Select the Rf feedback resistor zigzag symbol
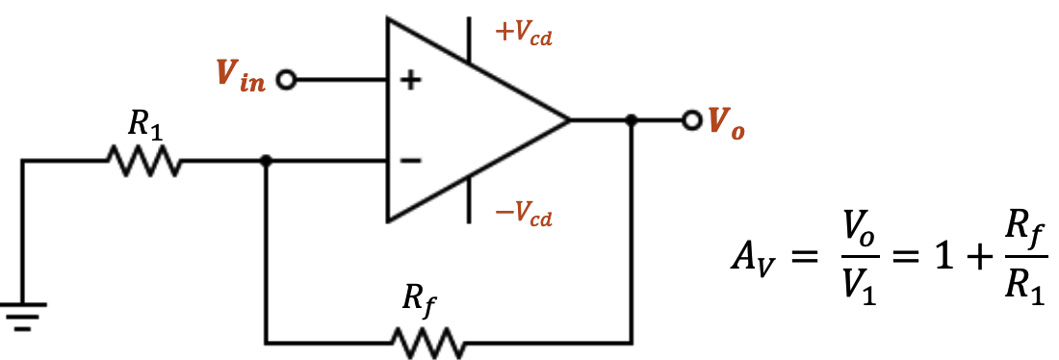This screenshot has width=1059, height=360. [x=427, y=342]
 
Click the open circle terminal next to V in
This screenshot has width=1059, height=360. [x=285, y=80]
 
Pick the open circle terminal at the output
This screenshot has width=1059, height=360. [x=690, y=121]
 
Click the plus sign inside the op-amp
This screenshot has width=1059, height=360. [x=411, y=81]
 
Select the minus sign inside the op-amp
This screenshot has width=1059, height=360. [x=411, y=161]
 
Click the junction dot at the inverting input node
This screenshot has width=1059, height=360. [x=267, y=162]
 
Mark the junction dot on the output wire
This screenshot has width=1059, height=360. [x=632, y=121]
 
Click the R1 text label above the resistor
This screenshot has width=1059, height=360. [x=146, y=124]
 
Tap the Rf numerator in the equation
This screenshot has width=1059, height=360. [x=1021, y=232]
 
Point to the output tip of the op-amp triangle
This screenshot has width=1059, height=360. [x=570, y=121]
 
